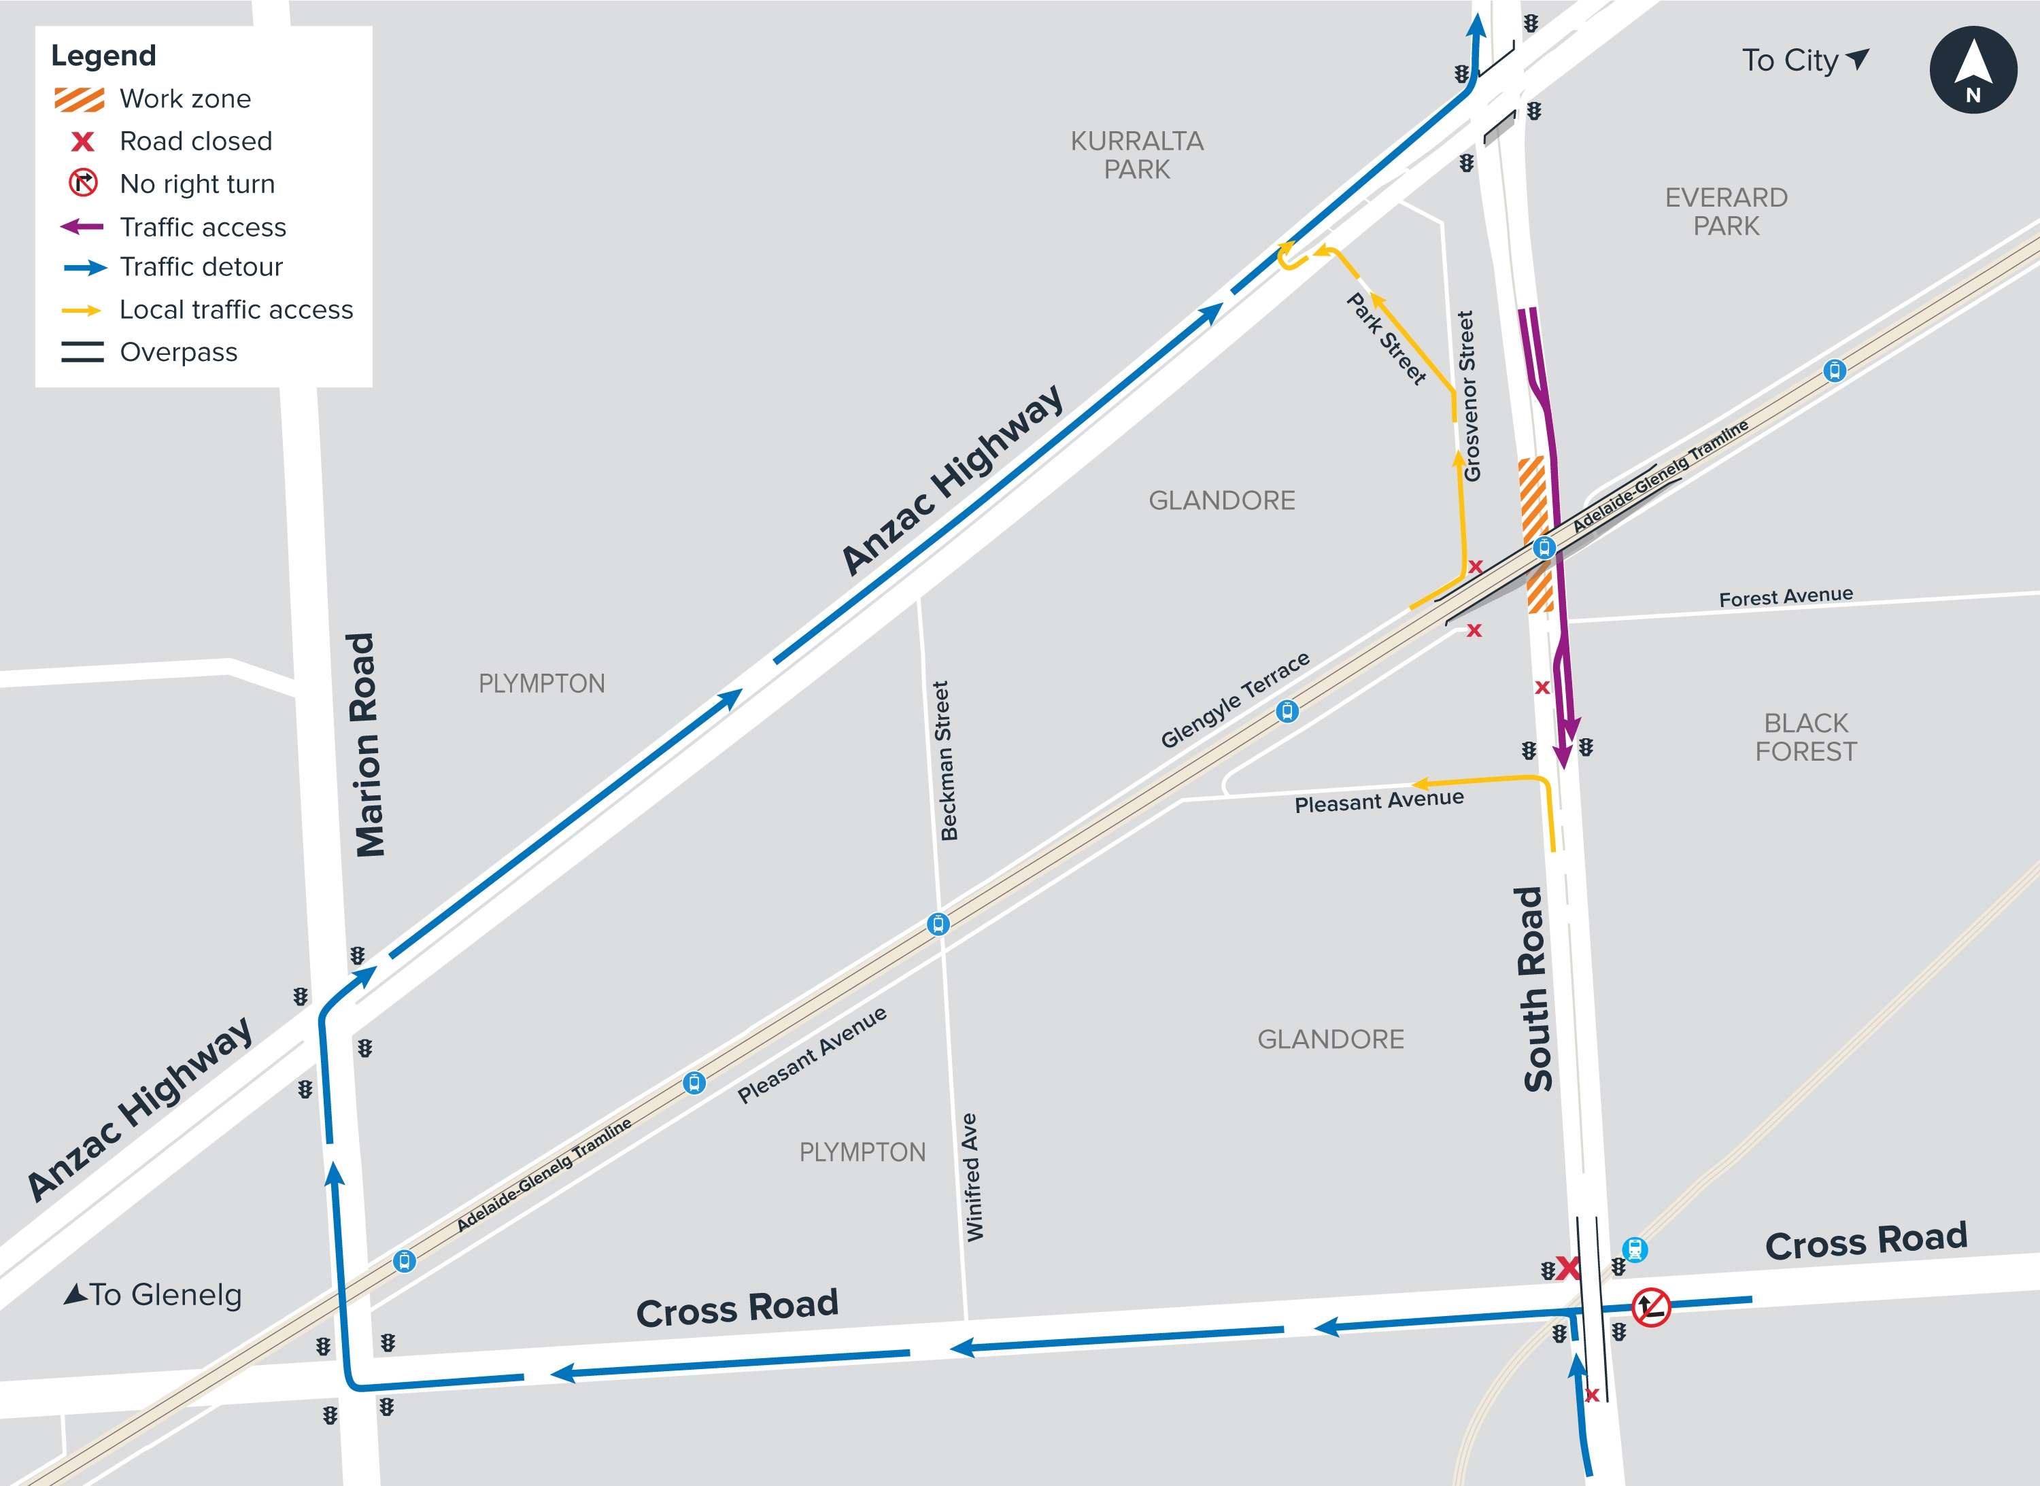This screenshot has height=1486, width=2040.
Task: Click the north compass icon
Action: coord(1973,70)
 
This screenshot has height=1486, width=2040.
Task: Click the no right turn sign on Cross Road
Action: coord(1651,1307)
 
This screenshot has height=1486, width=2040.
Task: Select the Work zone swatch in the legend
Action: coord(79,99)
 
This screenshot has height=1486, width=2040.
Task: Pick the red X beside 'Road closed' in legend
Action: coord(83,142)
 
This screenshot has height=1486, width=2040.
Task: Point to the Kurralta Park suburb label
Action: coord(1136,155)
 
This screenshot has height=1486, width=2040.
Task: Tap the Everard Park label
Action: coord(1726,211)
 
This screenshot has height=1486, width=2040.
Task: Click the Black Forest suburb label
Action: coord(1805,737)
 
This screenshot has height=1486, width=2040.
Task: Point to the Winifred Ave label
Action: coord(972,1177)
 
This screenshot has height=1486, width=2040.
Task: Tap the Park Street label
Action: coord(1387,339)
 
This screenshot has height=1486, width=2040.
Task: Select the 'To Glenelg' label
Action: coord(153,1294)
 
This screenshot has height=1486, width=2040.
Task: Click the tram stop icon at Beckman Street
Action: coord(938,924)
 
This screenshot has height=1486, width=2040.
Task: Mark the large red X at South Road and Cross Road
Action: coord(1567,1268)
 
